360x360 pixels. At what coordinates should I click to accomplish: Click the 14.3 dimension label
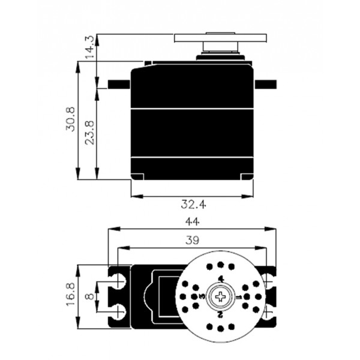pyautogui.click(x=89, y=47)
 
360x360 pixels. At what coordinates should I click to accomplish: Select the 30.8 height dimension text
pyautogui.click(x=70, y=119)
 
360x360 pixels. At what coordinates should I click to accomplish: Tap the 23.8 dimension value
pyautogui.click(x=89, y=133)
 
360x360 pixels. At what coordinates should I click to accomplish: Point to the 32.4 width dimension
pyautogui.click(x=193, y=204)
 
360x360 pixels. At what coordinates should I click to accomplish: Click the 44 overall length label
pyautogui.click(x=193, y=222)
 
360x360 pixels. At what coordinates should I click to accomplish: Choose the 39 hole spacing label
pyautogui.click(x=192, y=241)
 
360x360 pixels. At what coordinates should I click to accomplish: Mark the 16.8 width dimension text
pyautogui.click(x=70, y=294)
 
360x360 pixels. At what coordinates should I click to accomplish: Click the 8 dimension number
pyautogui.click(x=89, y=296)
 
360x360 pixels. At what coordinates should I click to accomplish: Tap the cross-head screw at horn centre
pyautogui.click(x=220, y=296)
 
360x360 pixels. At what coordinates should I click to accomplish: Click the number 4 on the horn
pyautogui.click(x=221, y=279)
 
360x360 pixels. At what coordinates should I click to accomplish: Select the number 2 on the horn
pyautogui.click(x=220, y=314)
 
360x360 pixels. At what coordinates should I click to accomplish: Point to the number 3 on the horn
pyautogui.click(x=202, y=296)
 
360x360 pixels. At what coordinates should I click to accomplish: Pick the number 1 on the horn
pyautogui.click(x=239, y=298)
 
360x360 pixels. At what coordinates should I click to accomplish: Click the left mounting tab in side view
pyautogui.click(x=119, y=84)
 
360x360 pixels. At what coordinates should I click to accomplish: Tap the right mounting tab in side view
pyautogui.click(x=265, y=84)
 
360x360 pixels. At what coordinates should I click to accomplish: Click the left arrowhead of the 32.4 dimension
pyautogui.click(x=137, y=196)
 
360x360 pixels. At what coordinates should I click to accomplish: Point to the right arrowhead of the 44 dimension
pyautogui.click(x=270, y=229)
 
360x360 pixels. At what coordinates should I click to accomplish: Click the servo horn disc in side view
pyautogui.click(x=220, y=38)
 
